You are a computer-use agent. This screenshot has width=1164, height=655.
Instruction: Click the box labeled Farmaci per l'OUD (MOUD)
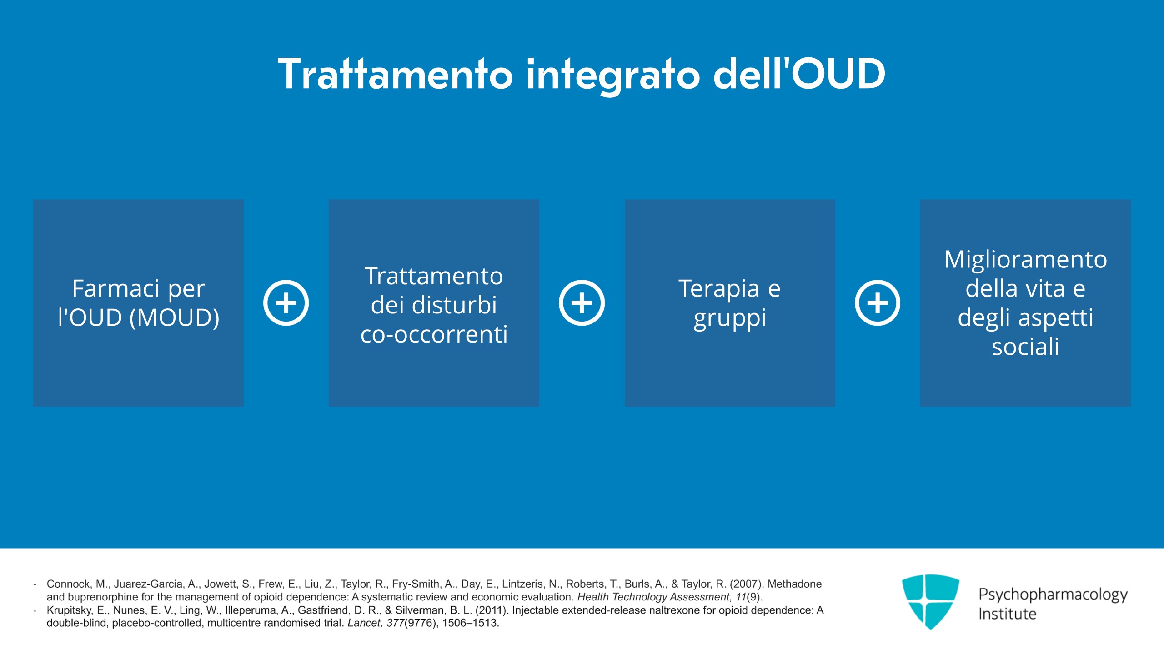[138, 303]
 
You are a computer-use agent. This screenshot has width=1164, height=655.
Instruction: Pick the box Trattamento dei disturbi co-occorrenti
[434, 303]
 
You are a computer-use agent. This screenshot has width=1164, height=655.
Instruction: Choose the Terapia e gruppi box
[730, 303]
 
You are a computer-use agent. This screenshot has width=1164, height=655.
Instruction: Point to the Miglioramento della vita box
[1025, 303]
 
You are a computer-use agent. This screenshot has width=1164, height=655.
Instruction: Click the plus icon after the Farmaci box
[286, 303]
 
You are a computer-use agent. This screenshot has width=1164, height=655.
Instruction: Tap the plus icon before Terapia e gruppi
[582, 303]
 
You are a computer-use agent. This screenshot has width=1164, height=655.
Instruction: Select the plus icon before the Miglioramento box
[878, 303]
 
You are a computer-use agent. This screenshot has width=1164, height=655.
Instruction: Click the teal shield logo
[930, 601]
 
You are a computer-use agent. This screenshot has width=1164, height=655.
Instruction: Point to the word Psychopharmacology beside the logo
[1053, 594]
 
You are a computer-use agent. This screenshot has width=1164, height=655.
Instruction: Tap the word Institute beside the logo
[1007, 614]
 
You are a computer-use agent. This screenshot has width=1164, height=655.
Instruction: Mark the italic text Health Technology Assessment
[653, 597]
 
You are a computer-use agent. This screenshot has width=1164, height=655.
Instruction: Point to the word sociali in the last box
[1025, 347]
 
